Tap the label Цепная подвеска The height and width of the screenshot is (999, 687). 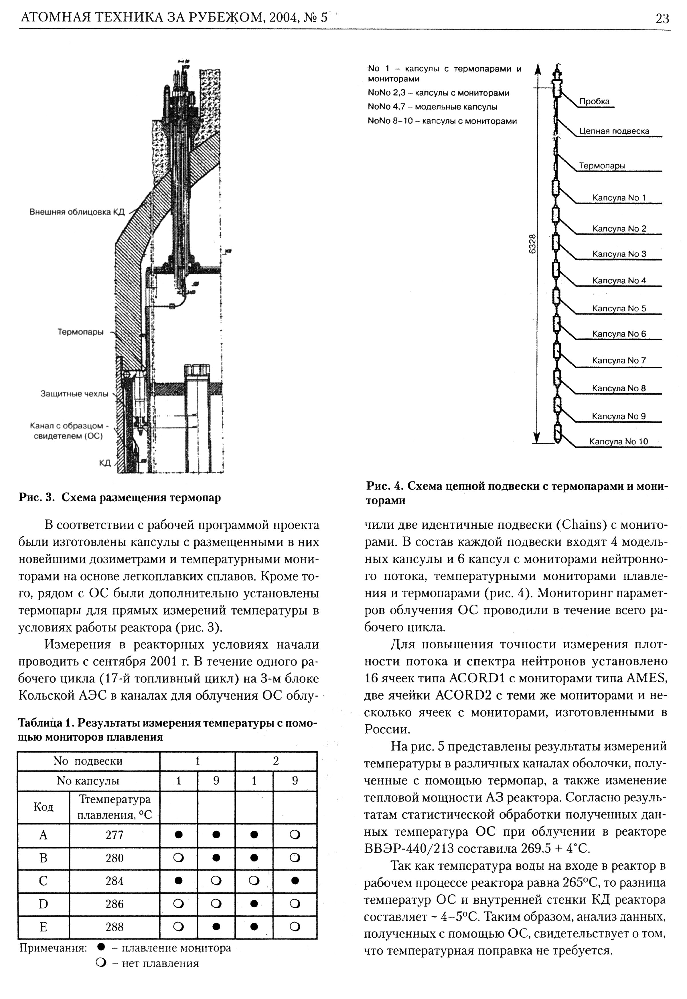click(614, 131)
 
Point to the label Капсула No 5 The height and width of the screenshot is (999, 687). click(619, 308)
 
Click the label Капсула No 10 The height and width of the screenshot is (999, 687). click(619, 442)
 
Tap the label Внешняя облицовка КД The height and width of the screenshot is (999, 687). click(77, 212)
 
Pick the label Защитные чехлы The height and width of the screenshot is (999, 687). click(74, 394)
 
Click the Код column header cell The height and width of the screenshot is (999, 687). click(43, 807)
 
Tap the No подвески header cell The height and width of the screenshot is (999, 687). click(88, 761)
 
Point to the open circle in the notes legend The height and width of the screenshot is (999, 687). click(102, 963)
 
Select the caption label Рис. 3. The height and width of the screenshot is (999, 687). click(37, 498)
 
